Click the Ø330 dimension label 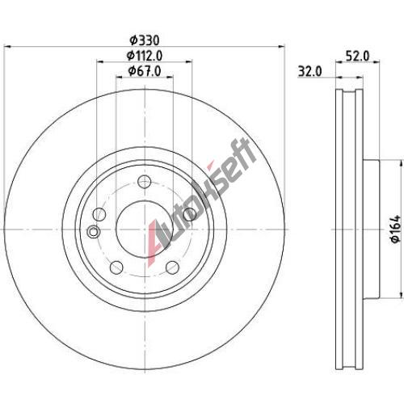click(x=145, y=40)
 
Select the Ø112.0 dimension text click(x=145, y=56)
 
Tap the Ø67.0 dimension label click(x=145, y=71)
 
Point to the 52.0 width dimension click(x=358, y=56)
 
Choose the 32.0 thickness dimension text click(x=309, y=72)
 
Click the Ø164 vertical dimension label click(x=397, y=229)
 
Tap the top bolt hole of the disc click(x=145, y=181)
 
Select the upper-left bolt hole click(x=99, y=214)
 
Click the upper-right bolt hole click(x=190, y=214)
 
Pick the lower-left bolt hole click(x=116, y=267)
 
